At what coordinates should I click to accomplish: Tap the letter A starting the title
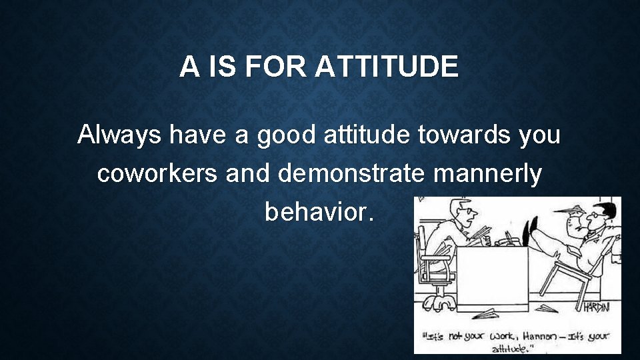(189, 67)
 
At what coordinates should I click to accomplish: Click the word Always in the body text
(120, 135)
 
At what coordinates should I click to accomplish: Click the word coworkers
(157, 174)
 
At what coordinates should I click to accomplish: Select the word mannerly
(488, 174)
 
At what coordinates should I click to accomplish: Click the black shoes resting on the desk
(531, 231)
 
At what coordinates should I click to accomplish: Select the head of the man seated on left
(463, 213)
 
